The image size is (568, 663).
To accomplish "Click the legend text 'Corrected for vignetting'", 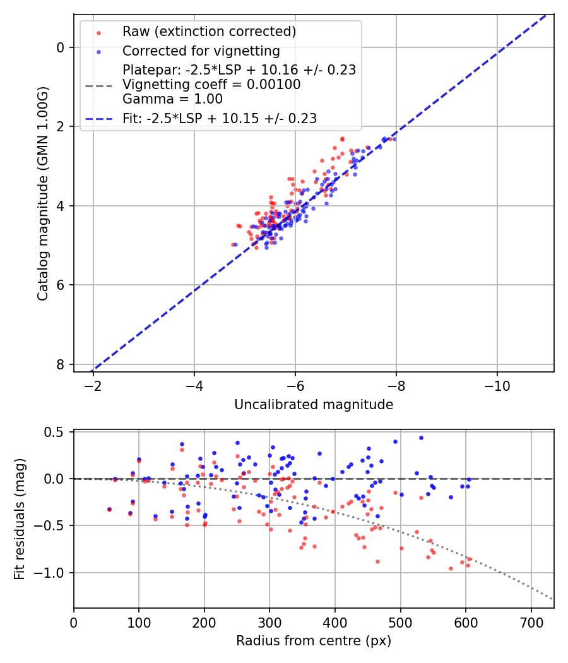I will pos(201,51).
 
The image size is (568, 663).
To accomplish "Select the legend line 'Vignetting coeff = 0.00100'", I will pos(211,85).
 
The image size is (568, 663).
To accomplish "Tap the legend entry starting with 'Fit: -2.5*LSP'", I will pos(219,118).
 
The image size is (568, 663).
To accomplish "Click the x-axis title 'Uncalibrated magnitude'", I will pos(314,405).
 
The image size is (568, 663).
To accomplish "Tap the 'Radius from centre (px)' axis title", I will pos(314,641).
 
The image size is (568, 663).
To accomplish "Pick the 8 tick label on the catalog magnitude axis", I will pos(60,364).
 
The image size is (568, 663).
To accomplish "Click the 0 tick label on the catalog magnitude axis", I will pos(60,47).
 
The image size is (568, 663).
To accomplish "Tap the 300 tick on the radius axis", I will pos(269,623).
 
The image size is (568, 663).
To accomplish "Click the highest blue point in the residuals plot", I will pos(421,438).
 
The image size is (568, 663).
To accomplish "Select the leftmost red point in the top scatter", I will pos(233,244).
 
